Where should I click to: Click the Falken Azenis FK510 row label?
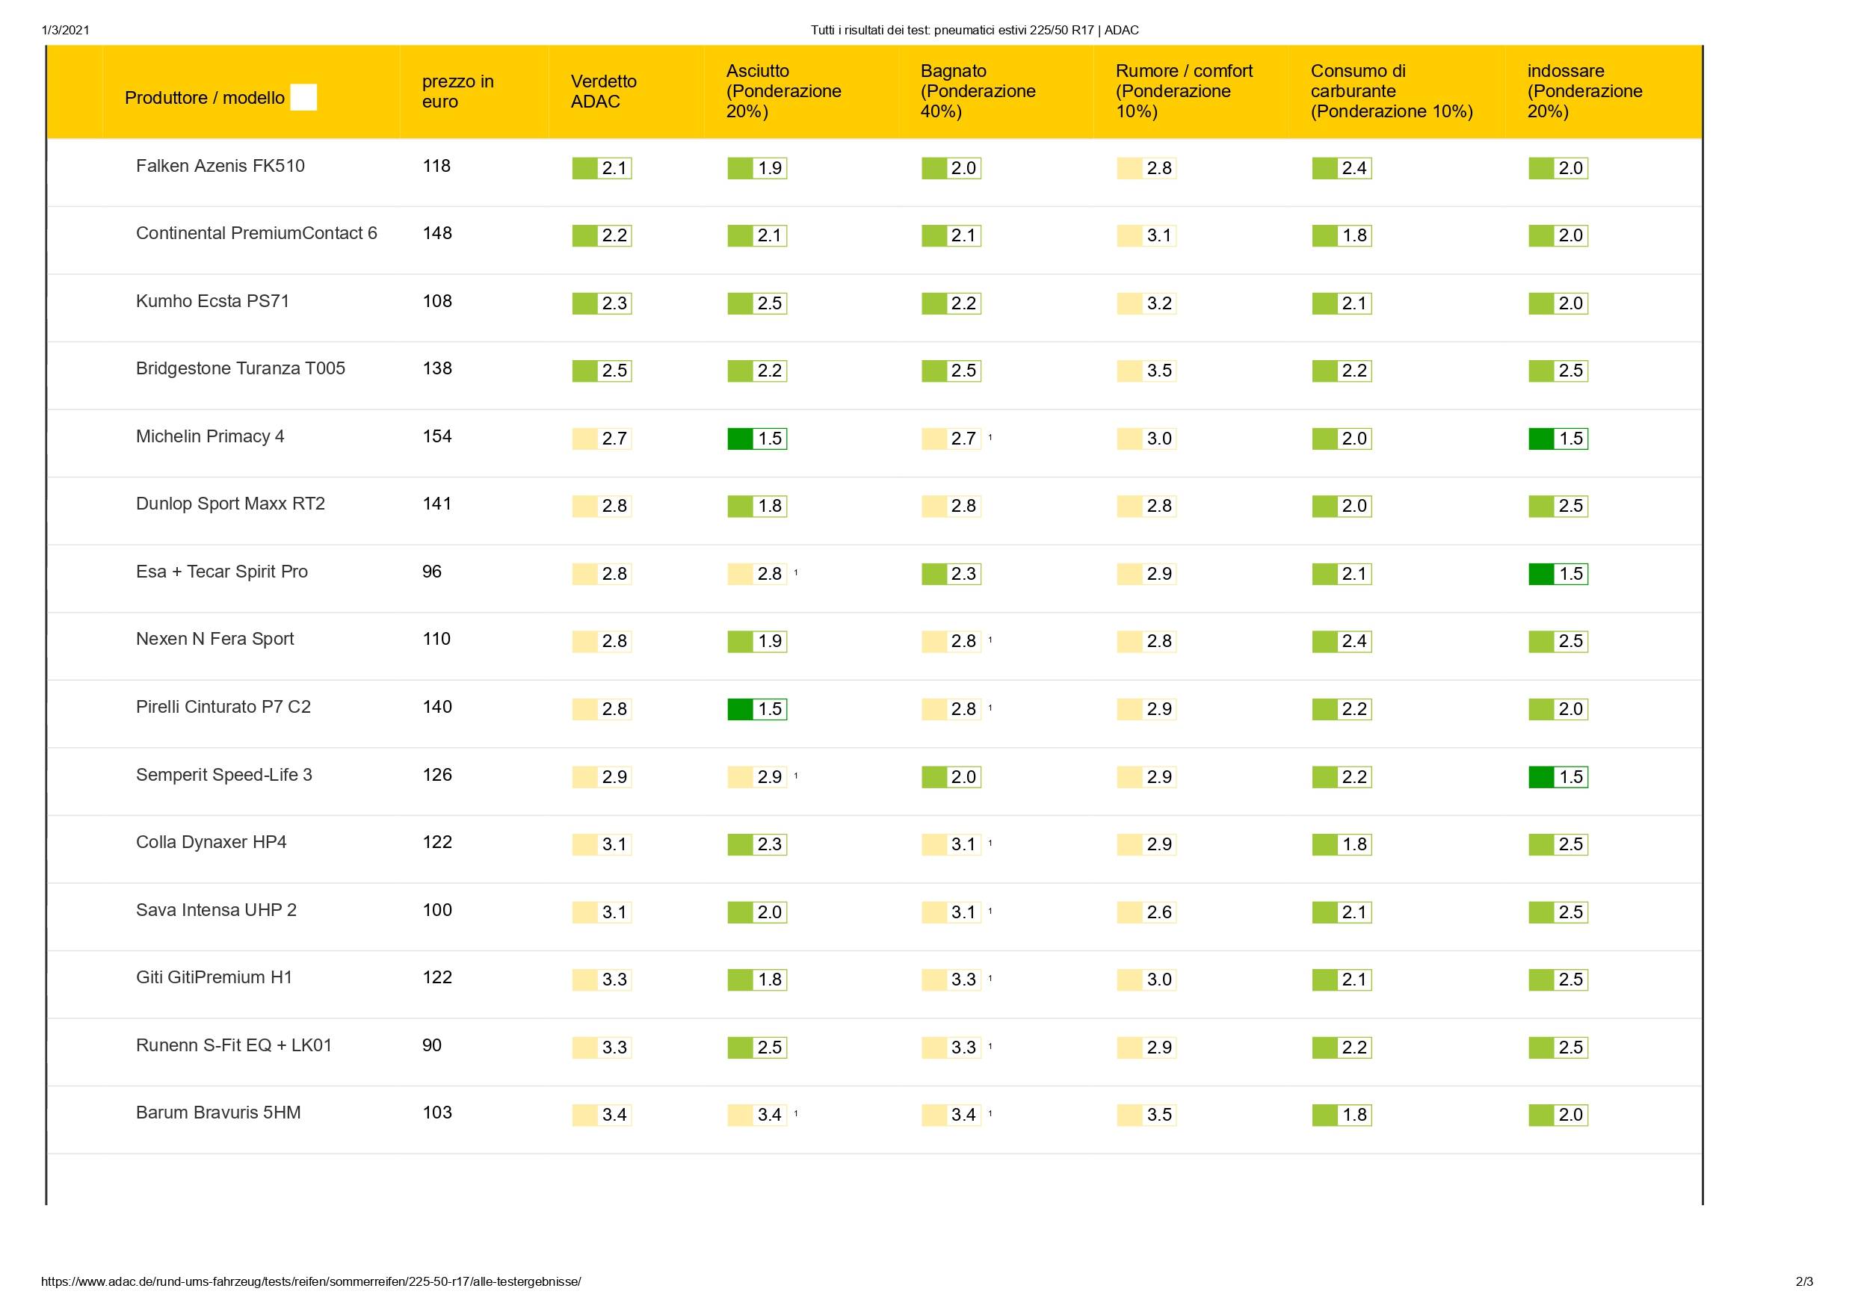tap(220, 167)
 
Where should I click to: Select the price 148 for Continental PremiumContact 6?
tap(437, 233)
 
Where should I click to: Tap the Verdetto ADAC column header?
tap(604, 91)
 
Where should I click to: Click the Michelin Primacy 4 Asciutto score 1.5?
tap(758, 439)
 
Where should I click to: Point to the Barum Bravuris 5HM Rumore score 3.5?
tap(1147, 1115)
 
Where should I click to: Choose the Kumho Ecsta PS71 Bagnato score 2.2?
tap(951, 304)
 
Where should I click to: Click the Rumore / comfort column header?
tap(1184, 91)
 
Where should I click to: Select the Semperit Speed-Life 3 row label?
tap(223, 775)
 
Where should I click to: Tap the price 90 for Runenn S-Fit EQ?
tap(432, 1045)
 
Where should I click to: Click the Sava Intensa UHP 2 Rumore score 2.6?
tap(1147, 912)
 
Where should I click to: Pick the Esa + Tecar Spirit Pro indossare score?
tap(1558, 574)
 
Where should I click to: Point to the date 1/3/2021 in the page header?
tap(66, 31)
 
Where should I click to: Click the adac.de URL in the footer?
tap(311, 1281)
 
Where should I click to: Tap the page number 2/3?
tap(1804, 1281)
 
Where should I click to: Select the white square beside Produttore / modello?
tap(303, 98)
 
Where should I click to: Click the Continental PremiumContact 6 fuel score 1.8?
tap(1342, 236)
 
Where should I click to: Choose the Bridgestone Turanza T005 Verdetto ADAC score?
tap(602, 371)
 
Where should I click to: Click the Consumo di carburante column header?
tap(1392, 91)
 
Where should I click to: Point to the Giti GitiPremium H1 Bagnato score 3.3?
tap(951, 980)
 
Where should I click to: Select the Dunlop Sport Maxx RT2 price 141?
tap(437, 504)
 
